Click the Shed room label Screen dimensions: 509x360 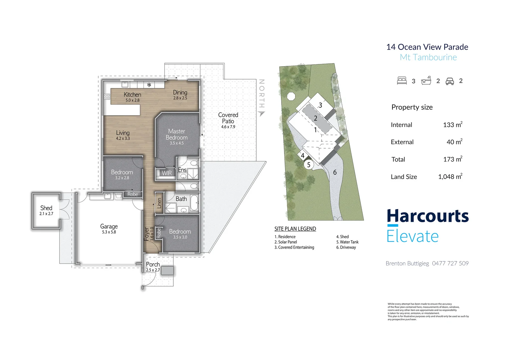pos(46,208)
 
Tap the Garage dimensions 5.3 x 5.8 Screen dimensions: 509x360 pos(109,232)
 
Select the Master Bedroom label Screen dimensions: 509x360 pos(177,134)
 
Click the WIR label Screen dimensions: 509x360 pos(167,173)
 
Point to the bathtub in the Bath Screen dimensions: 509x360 pos(195,202)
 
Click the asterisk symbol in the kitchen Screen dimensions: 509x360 pos(149,85)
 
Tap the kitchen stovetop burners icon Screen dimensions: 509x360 pos(107,96)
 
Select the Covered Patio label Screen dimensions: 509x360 pos(228,118)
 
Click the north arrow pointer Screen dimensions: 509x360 pos(262,114)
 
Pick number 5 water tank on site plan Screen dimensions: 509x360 pos(309,165)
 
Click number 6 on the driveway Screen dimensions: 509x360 pos(335,173)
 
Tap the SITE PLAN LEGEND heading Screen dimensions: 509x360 pos(295,229)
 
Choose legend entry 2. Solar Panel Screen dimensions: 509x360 pos(286,242)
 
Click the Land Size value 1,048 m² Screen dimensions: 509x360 pos(450,176)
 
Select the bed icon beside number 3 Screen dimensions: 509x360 pos(402,81)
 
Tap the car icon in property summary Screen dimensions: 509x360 pos(450,81)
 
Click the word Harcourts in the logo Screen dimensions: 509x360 pos(428,216)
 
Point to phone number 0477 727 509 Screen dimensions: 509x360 pos(450,263)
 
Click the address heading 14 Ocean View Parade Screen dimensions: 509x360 pos(427,47)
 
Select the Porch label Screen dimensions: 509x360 pos(153,264)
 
